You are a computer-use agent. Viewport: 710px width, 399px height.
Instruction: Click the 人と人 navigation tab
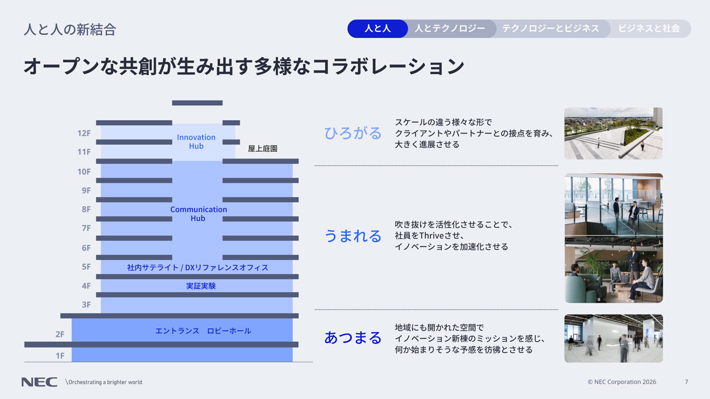pos(377,28)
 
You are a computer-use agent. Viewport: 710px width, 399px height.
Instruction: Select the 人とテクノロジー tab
pos(450,28)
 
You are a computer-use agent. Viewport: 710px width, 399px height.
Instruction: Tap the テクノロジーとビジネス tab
pos(550,28)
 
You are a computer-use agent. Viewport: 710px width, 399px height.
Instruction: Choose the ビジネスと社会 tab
pos(648,28)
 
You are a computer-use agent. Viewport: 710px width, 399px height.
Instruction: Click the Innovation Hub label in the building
pos(196,142)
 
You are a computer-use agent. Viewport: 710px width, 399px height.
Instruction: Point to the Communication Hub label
pos(198,213)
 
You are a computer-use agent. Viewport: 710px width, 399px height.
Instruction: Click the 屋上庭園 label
pos(263,149)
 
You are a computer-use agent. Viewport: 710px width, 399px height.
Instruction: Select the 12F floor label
pos(84,134)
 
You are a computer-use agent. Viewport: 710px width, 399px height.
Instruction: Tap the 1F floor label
pos(60,355)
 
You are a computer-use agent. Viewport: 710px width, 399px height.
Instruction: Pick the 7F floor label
pos(86,228)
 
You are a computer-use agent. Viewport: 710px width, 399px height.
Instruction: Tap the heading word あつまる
pos(353,338)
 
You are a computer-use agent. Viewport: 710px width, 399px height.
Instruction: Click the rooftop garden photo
pos(613,134)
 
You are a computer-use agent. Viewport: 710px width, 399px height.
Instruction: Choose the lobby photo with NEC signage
pos(613,338)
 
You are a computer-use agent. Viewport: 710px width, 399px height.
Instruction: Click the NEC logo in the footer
pos(39,382)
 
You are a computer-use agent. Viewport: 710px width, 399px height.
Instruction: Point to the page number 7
pos(686,382)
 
